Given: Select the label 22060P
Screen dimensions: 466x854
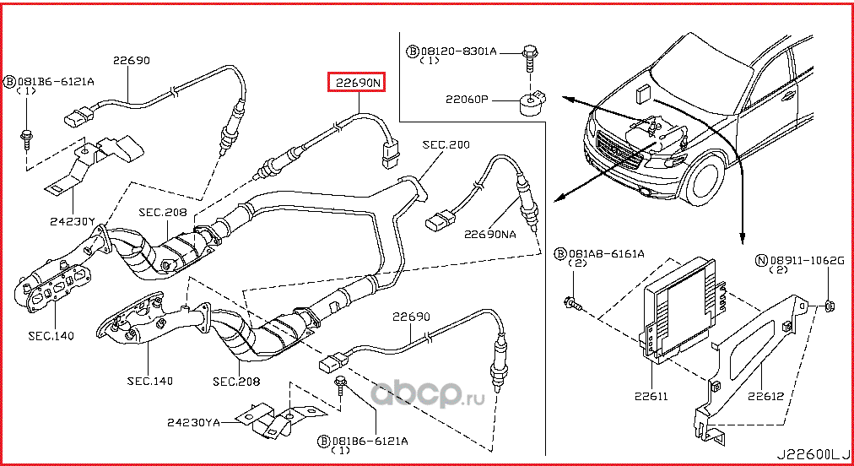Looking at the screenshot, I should (x=467, y=99).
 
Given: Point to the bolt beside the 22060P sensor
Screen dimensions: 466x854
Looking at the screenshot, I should (x=528, y=57).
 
